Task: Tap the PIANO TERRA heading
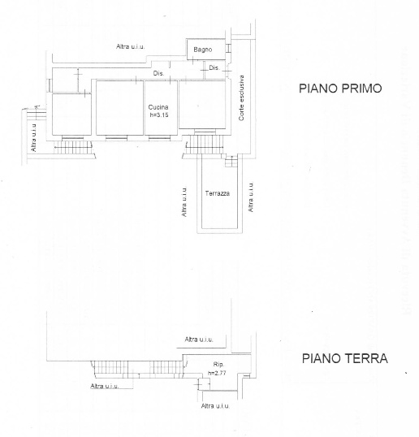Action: coord(344,358)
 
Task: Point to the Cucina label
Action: coord(158,107)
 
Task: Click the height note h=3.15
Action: coord(158,115)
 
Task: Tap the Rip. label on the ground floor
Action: coord(218,365)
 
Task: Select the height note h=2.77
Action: coord(217,373)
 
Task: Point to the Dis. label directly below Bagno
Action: coord(214,67)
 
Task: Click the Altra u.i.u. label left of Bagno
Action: coord(130,46)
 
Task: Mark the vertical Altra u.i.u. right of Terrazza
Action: coord(251,197)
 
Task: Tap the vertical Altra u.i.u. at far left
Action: coord(34,138)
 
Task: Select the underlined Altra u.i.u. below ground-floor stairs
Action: coord(105,386)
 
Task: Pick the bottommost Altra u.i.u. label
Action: coord(217,405)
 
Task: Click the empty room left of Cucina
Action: coord(71,114)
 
